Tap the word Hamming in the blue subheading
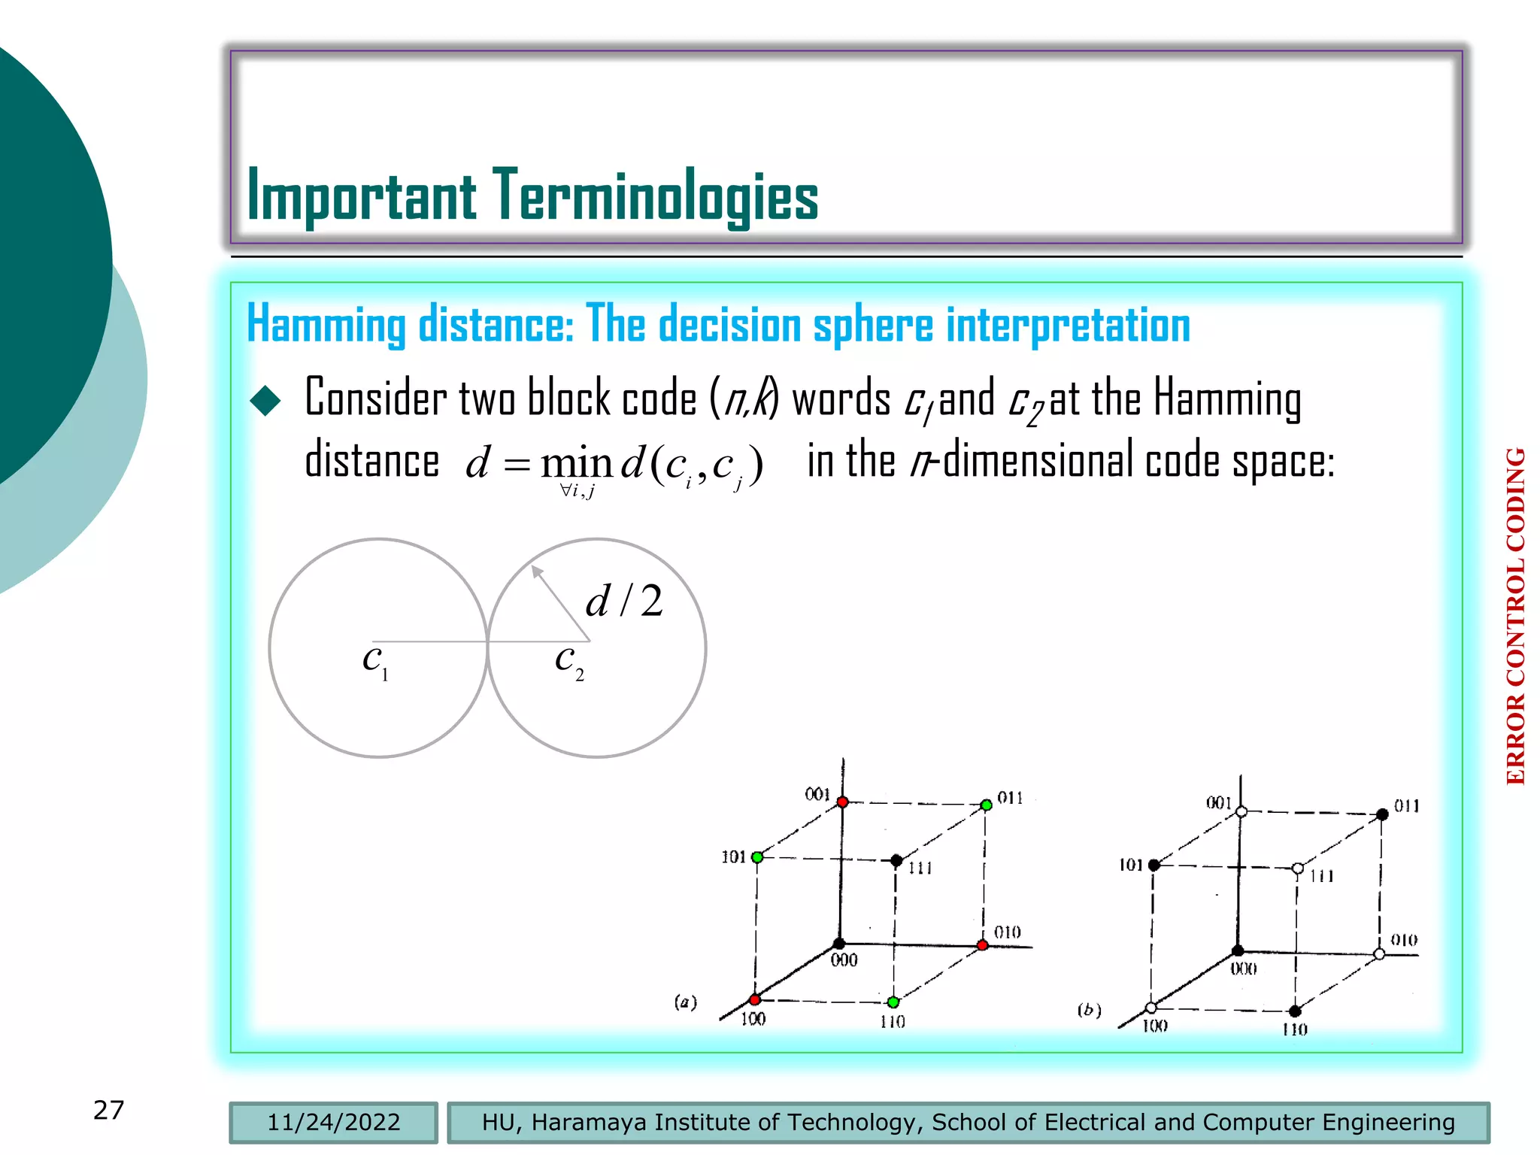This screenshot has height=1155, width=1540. pos(326,325)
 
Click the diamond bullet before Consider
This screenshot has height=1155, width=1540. pos(265,400)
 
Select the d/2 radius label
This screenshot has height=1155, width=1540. pos(624,601)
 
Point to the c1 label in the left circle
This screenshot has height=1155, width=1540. pos(374,661)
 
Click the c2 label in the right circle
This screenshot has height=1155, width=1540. pos(568,661)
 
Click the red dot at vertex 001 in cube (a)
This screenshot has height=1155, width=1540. pos(843,802)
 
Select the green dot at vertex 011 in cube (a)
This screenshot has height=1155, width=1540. pos(986,805)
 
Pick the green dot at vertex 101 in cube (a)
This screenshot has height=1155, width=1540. pos(757,857)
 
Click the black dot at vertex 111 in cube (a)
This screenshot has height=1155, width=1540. pos(896,860)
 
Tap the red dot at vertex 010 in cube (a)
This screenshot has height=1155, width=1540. pos(982,945)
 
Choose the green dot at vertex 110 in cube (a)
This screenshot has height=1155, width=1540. pos(893,1002)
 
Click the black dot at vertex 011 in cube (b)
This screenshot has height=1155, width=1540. pos(1382,814)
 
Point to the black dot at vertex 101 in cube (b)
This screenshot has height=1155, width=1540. pos(1154,865)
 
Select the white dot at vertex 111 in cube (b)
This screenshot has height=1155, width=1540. pos(1297,869)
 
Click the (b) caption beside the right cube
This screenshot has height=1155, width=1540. pos(1089,1010)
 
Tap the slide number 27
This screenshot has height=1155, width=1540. pos(108,1110)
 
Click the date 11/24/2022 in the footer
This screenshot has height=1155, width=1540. pos(333,1122)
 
